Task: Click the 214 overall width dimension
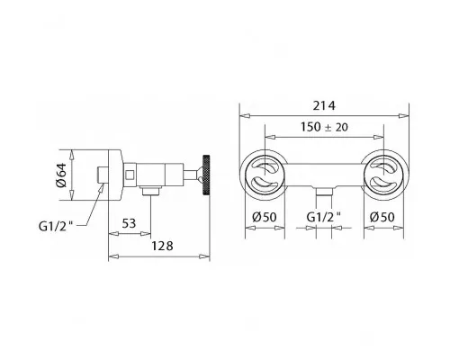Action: (324, 105)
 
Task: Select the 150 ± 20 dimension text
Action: (324, 127)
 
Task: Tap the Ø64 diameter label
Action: (61, 175)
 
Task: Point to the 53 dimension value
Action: (129, 223)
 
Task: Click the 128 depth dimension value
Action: (162, 246)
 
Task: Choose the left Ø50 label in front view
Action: (265, 217)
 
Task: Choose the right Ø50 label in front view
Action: (382, 217)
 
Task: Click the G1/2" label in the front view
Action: (324, 217)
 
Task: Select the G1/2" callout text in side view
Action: (56, 226)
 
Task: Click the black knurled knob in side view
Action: (206, 175)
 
